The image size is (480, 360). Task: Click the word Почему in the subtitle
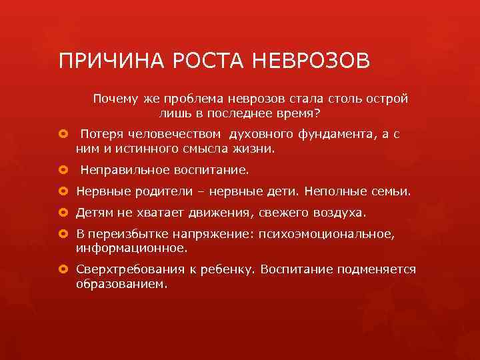[116, 99]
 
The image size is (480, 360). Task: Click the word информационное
[131, 249]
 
